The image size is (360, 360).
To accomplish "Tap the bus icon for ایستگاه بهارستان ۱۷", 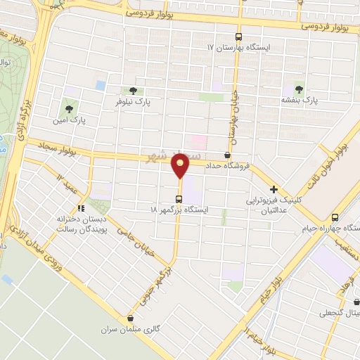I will (x=238, y=37).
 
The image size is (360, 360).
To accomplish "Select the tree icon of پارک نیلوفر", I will (x=133, y=91).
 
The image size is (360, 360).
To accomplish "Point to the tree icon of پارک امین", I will (x=69, y=108).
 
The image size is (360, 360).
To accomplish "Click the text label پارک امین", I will (x=70, y=120).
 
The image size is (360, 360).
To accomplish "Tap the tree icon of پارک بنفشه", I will (x=300, y=89).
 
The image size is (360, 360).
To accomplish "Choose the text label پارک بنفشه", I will (x=300, y=101).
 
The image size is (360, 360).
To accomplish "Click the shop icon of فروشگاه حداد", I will (x=226, y=155).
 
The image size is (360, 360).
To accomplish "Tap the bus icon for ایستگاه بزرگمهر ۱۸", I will (x=179, y=198).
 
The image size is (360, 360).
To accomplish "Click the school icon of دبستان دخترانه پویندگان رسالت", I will (x=80, y=208).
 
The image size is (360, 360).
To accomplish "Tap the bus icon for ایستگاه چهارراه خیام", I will (x=334, y=217).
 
